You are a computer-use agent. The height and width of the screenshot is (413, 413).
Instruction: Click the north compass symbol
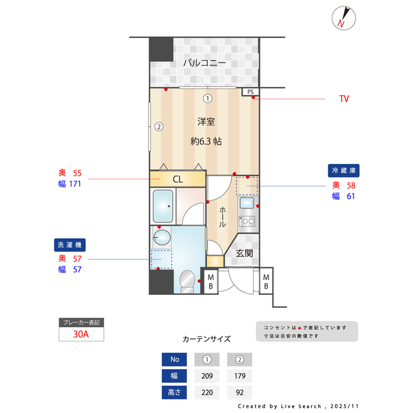tap(342, 18)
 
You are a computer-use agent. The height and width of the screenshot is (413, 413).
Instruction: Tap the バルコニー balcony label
tap(203, 63)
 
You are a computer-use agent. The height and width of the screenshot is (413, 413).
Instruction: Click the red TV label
tap(344, 99)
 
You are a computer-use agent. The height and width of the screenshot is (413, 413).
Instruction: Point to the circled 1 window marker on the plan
tap(207, 99)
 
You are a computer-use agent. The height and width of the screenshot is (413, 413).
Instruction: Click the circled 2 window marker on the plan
tap(158, 126)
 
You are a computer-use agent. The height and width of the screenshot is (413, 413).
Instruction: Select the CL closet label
tap(178, 179)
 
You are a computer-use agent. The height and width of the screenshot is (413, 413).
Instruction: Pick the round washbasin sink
tap(163, 238)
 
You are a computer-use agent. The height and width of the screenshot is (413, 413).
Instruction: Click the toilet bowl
tap(186, 281)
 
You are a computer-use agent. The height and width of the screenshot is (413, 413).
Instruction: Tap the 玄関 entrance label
tap(244, 253)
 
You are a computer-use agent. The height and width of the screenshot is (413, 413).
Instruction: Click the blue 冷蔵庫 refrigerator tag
tap(344, 171)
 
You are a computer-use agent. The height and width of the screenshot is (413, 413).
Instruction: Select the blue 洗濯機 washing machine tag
tap(70, 245)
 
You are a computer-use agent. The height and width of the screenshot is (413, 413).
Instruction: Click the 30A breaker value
tap(81, 335)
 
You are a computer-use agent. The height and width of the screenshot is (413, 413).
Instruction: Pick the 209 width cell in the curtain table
tap(207, 376)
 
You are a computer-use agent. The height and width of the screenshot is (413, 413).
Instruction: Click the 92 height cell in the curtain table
tap(239, 392)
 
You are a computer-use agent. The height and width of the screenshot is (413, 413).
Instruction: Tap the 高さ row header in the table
tap(174, 392)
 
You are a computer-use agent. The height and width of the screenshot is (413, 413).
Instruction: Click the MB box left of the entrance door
tap(210, 281)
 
